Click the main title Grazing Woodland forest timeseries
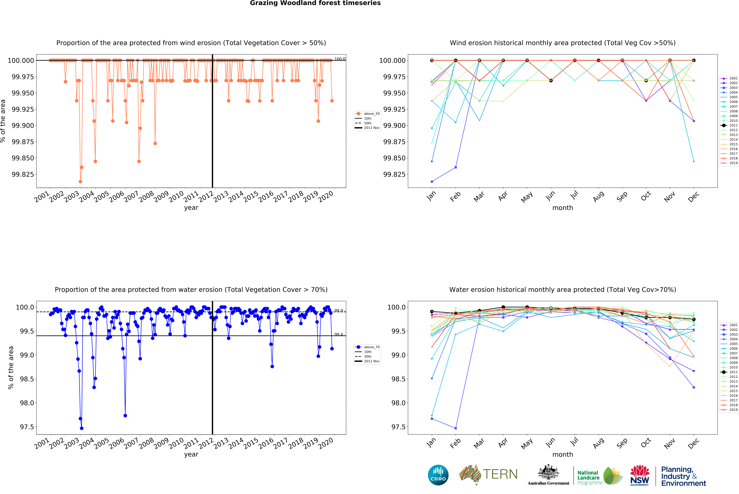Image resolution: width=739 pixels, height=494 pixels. [315, 3]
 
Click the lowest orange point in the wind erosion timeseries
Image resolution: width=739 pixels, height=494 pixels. [80, 181]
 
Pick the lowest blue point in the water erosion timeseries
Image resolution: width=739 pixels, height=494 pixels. [82, 428]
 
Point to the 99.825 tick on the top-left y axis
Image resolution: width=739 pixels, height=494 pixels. [23, 174]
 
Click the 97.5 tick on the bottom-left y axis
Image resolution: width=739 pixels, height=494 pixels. [27, 427]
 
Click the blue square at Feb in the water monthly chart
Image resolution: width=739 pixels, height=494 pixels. [456, 428]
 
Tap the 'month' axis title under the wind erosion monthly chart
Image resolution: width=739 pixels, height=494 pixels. [562, 208]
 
